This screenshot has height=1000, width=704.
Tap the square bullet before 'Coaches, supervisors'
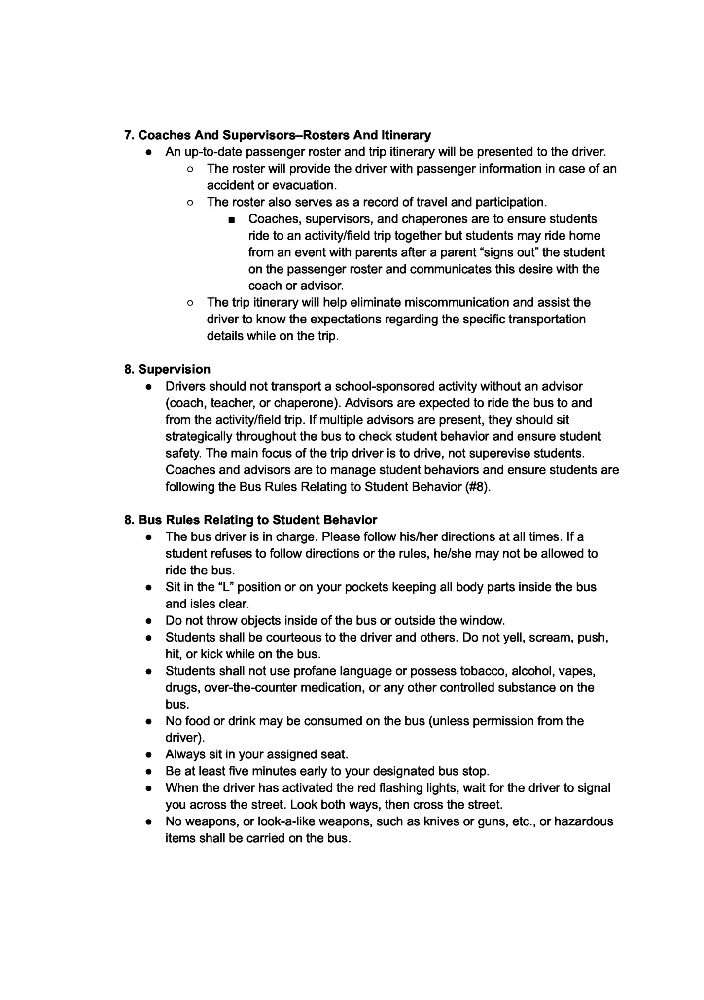[x=232, y=219]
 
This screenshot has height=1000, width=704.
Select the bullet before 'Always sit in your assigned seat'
[x=148, y=755]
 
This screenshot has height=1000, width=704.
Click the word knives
[x=440, y=821]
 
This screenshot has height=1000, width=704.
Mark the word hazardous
[x=584, y=821]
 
